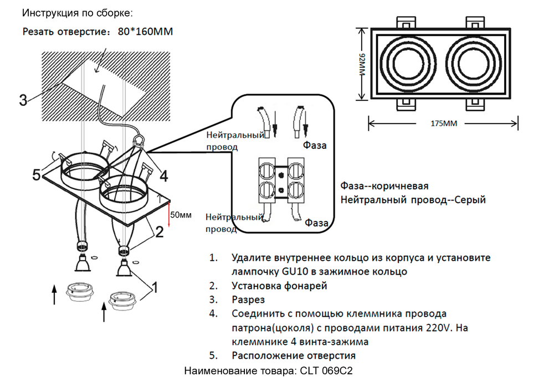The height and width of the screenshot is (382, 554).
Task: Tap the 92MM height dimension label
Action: click(362, 65)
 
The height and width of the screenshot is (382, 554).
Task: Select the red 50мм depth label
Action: click(181, 214)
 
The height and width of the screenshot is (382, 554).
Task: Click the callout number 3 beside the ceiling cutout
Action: click(23, 100)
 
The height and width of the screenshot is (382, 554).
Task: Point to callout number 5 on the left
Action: click(37, 175)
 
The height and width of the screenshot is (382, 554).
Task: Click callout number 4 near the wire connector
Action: click(163, 176)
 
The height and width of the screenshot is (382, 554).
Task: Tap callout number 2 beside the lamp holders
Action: click(159, 232)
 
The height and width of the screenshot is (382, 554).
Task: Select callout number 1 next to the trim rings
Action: click(155, 287)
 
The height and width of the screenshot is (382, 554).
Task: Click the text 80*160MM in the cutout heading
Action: click(145, 32)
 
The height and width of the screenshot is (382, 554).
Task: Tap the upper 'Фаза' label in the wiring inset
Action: click(314, 146)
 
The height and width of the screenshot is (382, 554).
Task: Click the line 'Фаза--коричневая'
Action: click(384, 187)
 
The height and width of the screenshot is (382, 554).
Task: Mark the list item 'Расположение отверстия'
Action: click(294, 355)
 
